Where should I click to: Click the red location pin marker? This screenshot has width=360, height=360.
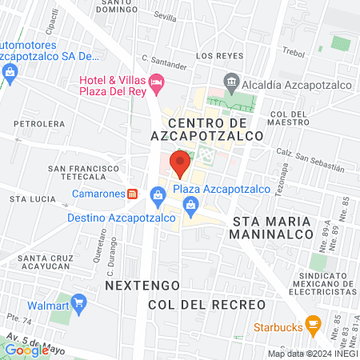click(180, 164)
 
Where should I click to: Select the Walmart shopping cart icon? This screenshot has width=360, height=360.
click(78, 304)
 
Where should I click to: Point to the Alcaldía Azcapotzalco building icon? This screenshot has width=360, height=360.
click(231, 80)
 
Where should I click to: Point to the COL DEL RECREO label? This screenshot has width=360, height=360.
click(206, 306)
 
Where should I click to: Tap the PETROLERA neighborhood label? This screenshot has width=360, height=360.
click(38, 124)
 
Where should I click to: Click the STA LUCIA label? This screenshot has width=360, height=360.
click(30, 197)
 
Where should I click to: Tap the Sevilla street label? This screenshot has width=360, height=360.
click(165, 16)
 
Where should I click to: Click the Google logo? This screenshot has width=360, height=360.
click(27, 350)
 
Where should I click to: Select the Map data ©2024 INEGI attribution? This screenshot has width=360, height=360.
click(312, 354)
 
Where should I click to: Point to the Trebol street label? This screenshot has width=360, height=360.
click(295, 51)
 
